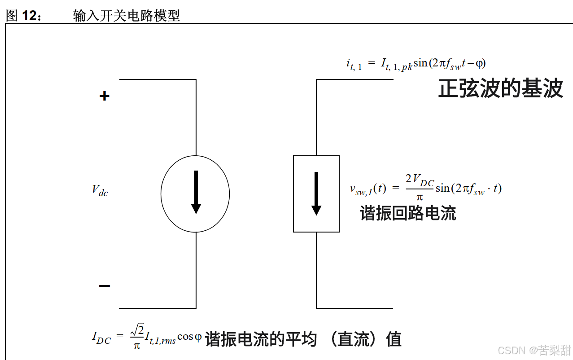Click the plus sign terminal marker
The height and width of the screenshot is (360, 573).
pyautogui.click(x=104, y=96)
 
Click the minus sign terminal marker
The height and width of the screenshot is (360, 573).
pyautogui.click(x=104, y=286)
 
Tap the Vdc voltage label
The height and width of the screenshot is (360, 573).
pyautogui.click(x=100, y=190)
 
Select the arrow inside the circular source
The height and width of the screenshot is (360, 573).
pyautogui.click(x=196, y=193)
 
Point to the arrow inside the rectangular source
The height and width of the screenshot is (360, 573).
pyautogui.click(x=316, y=193)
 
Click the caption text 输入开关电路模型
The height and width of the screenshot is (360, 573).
pyautogui.click(x=126, y=16)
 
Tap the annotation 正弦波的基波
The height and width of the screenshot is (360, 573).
pyautogui.click(x=500, y=89)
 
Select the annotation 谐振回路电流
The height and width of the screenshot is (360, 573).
pyautogui.click(x=408, y=213)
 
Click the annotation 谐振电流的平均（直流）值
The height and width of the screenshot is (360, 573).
pyautogui.click(x=303, y=339)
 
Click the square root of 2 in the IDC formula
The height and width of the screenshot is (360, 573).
pyautogui.click(x=137, y=331)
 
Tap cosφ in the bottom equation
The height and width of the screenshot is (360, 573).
pyautogui.click(x=189, y=337)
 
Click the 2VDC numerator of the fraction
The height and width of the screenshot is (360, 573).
pyautogui.click(x=420, y=180)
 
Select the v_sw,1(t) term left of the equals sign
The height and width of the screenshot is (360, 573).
pyautogui.click(x=367, y=189)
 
